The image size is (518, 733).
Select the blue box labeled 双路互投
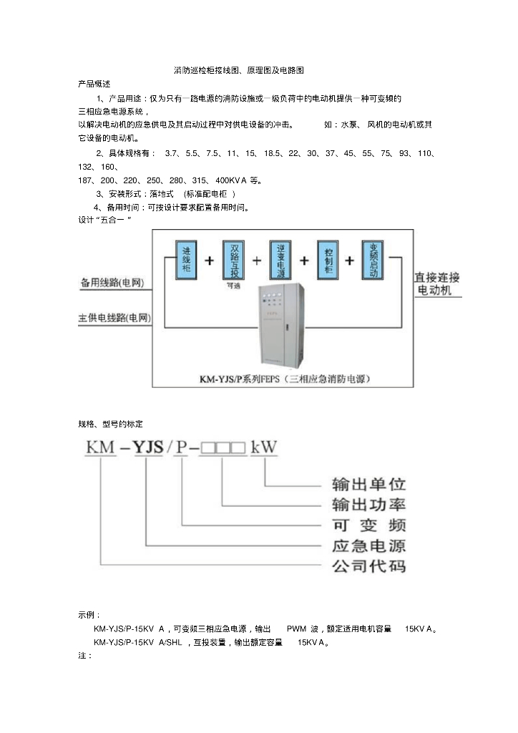[234, 260]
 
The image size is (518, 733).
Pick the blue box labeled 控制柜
[328, 260]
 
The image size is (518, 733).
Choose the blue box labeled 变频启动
[373, 260]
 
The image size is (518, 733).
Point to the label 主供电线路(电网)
[116, 318]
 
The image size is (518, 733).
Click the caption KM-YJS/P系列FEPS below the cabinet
[283, 379]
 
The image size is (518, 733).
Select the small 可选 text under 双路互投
[233, 285]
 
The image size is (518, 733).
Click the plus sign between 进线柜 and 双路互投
[210, 261]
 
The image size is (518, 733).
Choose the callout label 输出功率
[368, 503]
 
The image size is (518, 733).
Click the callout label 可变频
[368, 524]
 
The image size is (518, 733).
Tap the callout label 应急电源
[368, 545]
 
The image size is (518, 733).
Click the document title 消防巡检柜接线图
[240, 71]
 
